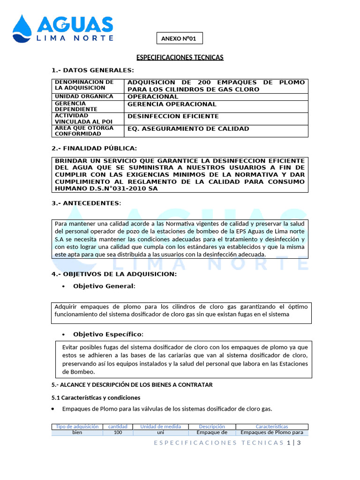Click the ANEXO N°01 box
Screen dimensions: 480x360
pos(179,38)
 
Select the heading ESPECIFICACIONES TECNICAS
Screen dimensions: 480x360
pos(180,57)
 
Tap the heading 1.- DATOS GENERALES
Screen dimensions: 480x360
pos(92,70)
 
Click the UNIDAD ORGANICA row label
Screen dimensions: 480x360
pos(84,97)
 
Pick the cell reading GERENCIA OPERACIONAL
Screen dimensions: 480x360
pos(172,104)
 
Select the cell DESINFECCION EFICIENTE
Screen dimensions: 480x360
pos(173,116)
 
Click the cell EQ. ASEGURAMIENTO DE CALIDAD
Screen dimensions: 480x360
pos(188,128)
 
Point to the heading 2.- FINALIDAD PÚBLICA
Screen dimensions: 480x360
pos(94,148)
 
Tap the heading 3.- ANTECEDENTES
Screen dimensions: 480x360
pos(86,203)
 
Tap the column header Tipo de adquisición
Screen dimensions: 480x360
pos(77,427)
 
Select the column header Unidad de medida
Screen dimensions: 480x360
pos(161,427)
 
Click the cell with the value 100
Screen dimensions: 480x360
pos(118,433)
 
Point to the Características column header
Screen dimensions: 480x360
pos(272,427)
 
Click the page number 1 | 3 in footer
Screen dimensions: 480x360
pos(293,442)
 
